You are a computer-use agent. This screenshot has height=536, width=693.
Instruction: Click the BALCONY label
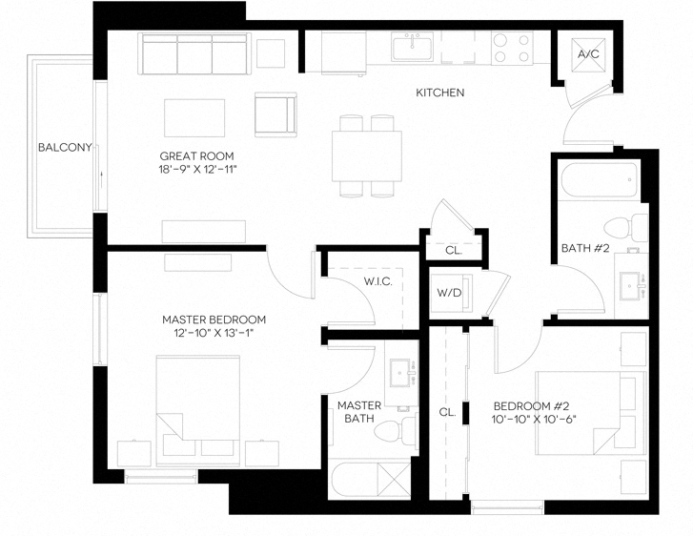pos(64,147)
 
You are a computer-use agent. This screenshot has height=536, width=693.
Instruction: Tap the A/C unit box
pos(588,53)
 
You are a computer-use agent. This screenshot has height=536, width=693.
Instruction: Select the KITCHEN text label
pos(439,93)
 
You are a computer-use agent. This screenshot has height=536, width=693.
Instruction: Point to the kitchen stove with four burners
pos(512,48)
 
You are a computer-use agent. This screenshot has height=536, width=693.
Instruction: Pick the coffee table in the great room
pos(195,118)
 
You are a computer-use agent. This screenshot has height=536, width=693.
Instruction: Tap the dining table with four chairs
pos(367,155)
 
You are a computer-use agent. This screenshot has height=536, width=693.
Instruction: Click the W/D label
pos(449,293)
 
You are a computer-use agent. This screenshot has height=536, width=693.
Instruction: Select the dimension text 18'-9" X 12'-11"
pos(197,169)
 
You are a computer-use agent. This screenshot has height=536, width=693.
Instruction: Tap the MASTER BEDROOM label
pos(214,320)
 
